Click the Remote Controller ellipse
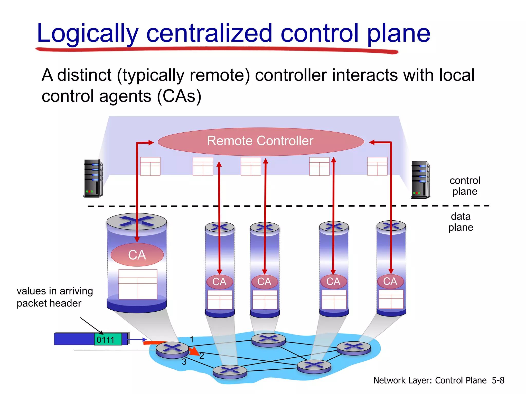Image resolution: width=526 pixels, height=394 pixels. pos(260,141)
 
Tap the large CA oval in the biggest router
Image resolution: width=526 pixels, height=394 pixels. pos(137,255)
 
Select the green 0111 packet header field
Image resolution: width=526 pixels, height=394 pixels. pos(108,340)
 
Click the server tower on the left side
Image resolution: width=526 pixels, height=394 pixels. pos(93,178)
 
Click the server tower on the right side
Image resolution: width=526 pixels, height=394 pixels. pos(420,180)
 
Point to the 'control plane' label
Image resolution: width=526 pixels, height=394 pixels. pos(465,186)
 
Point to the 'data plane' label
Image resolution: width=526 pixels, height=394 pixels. pos(461,222)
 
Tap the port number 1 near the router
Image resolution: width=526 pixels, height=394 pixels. pos(192,339)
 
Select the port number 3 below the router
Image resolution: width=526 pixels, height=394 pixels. pos(184,362)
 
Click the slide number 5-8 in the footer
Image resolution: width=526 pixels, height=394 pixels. pos(498,380)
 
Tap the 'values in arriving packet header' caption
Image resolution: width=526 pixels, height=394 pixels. pos(54,297)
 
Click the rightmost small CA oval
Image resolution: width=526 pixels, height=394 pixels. pos(390,281)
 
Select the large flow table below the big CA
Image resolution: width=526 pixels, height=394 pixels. pos(138,284)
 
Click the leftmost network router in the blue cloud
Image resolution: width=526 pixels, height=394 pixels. pos(172,350)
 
